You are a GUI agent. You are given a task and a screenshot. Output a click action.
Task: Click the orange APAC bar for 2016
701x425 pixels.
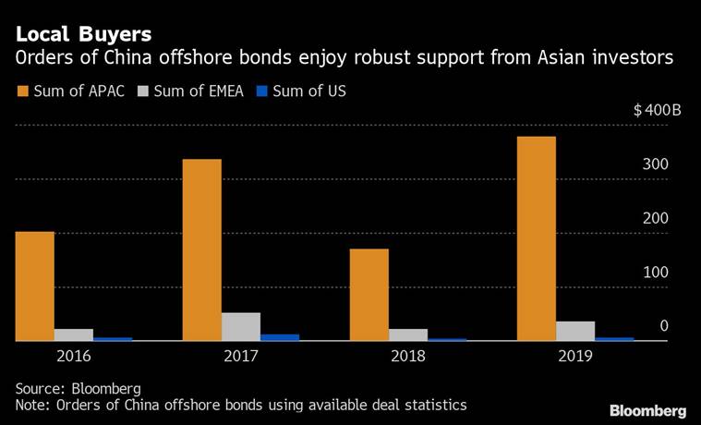coord(34,286)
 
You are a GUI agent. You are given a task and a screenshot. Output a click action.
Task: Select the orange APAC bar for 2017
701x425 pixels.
coord(201,250)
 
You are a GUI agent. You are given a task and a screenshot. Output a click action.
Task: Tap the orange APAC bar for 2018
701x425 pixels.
coord(369,295)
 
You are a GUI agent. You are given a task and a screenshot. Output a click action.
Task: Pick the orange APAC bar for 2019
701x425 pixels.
coord(536,239)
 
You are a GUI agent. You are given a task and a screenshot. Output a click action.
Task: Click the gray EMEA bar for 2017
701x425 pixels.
coord(241,327)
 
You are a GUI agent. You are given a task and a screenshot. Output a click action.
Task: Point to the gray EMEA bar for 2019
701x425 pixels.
coord(575,331)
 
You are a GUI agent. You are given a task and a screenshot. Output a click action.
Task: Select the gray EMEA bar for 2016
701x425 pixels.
coord(74,334)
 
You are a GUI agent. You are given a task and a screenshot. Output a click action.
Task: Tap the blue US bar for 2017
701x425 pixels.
coord(280,337)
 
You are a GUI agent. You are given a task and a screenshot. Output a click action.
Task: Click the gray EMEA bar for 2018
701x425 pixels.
coord(408,334)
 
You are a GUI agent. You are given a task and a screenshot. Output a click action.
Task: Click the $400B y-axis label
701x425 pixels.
coord(657,111)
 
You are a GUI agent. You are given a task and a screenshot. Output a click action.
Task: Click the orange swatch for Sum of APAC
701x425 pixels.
coord(22,91)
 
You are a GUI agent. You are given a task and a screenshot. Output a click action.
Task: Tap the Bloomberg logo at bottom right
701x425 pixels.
coord(647,409)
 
